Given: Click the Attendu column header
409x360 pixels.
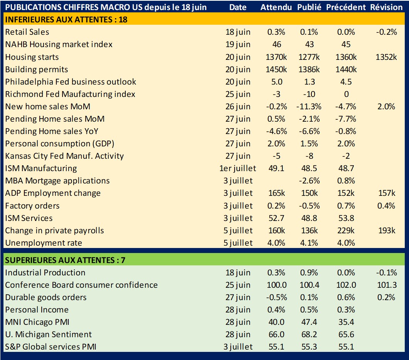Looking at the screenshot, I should pos(276,7).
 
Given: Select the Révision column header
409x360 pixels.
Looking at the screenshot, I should pos(386,7).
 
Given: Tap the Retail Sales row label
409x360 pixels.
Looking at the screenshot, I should pos(27,32).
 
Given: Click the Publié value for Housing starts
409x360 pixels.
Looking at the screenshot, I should pos(309,57).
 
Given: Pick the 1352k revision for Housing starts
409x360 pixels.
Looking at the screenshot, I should pos(386,57).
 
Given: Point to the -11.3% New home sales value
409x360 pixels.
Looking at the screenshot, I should pos(309,107).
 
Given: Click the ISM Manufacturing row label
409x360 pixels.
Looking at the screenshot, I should pos(41,168).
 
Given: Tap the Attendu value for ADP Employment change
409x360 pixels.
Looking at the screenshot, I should pos(276,193).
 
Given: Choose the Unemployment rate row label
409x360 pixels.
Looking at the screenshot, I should pos(44,243).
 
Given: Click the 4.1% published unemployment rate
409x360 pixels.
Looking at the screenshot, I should pos(309,243).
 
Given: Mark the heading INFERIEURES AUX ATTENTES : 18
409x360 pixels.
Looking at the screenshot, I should pos(66,19).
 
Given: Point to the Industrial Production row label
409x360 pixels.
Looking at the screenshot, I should pos(45,273).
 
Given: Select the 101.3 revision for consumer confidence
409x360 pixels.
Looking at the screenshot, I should pos(386,285).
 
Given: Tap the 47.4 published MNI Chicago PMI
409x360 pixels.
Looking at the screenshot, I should pos(309,322).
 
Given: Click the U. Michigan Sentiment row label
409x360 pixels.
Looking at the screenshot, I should pos(49,335).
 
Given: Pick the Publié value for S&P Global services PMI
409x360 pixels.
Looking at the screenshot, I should pos(309,347).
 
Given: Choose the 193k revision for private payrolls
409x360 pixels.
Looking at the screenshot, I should pos(386,231).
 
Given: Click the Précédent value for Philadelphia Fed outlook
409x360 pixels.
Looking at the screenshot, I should pos(346,82).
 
